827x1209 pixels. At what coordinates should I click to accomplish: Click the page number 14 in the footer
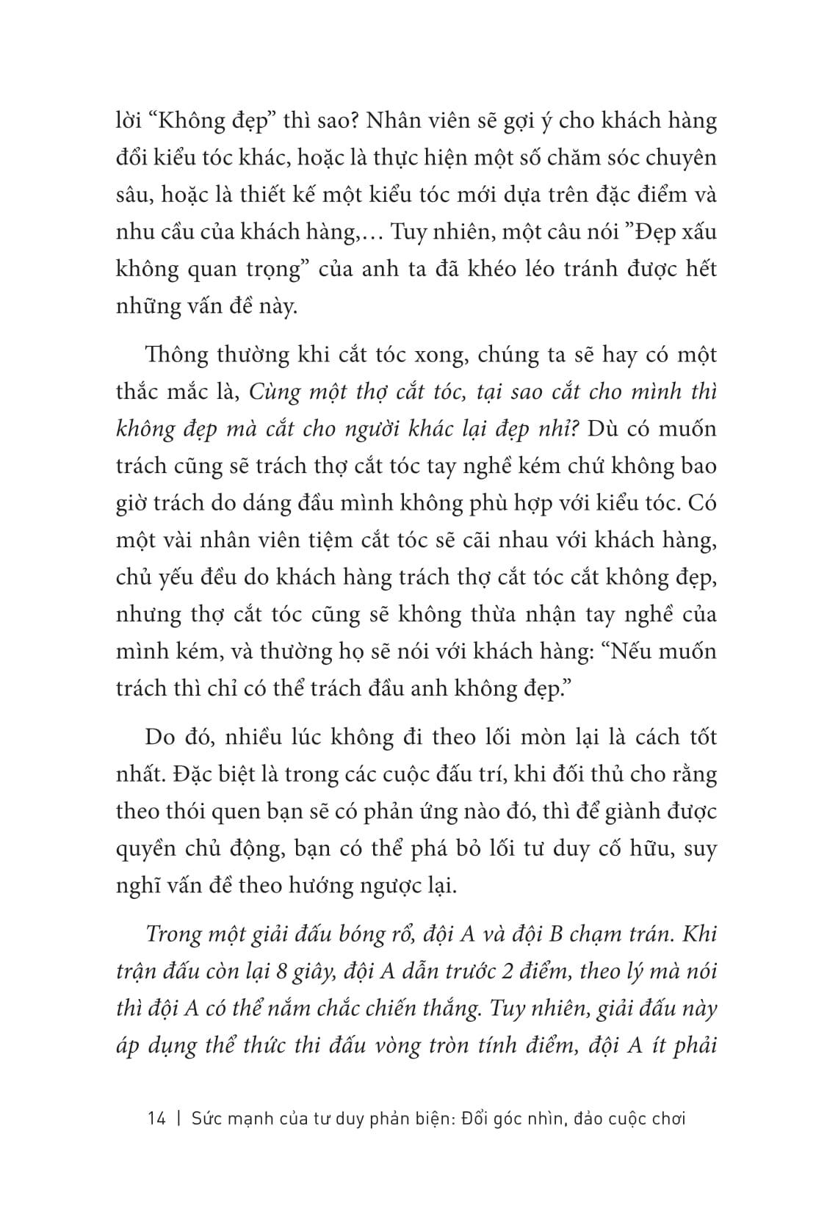tap(156, 1119)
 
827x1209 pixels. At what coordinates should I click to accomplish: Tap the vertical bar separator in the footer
tap(178, 1119)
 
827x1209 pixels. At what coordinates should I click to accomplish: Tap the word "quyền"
tap(145, 849)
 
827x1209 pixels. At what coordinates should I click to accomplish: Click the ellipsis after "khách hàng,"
tap(363, 232)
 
